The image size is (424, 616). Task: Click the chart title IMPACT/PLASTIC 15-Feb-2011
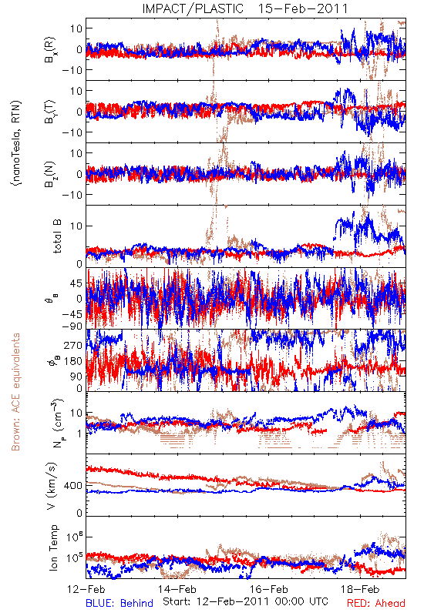click(245, 8)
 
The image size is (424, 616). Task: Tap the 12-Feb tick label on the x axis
click(86, 589)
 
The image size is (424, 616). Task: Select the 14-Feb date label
click(177, 589)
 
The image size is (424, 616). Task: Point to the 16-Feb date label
click(268, 589)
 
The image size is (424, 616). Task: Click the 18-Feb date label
click(360, 589)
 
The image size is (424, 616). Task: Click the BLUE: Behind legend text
click(119, 603)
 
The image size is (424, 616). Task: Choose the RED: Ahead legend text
click(376, 603)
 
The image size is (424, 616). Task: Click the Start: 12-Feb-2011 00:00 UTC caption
click(245, 601)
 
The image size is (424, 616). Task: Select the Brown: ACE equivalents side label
click(15, 392)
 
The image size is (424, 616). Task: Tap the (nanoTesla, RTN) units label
click(16, 143)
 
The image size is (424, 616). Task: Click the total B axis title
click(57, 236)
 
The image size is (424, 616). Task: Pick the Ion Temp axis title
click(54, 547)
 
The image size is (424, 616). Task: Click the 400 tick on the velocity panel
click(72, 486)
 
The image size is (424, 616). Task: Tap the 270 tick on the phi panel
click(72, 345)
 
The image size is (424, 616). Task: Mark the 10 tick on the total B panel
click(76, 226)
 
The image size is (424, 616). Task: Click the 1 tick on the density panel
click(79, 434)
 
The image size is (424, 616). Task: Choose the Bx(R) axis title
click(50, 49)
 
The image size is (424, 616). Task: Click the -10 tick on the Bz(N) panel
click(72, 195)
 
